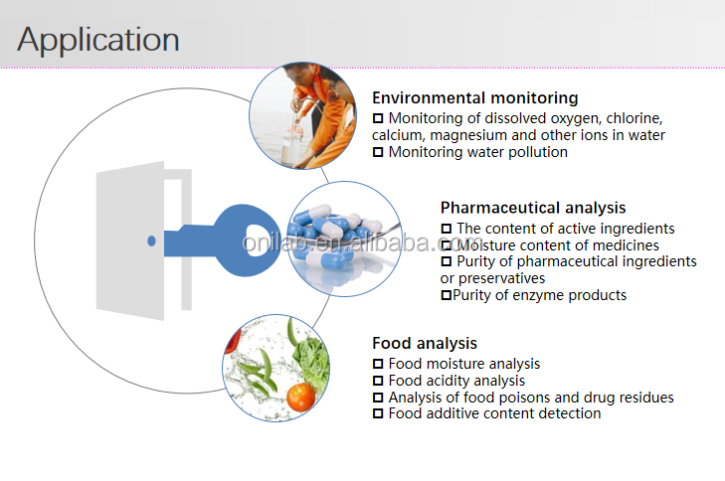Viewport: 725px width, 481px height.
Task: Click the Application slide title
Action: [x=98, y=40]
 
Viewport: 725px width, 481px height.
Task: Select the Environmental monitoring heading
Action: [x=474, y=98]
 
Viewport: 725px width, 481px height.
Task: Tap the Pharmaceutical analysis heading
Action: [x=533, y=208]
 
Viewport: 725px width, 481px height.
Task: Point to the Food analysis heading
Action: [x=425, y=344]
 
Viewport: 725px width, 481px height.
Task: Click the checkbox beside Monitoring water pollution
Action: [x=378, y=152]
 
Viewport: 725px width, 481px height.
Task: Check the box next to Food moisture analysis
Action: [x=378, y=365]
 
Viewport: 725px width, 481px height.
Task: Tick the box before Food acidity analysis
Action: [x=378, y=381]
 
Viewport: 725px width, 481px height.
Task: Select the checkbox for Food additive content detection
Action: [x=378, y=413]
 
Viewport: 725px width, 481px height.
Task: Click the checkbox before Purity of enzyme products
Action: [x=446, y=295]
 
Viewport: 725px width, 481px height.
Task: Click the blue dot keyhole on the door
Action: [x=151, y=240]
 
